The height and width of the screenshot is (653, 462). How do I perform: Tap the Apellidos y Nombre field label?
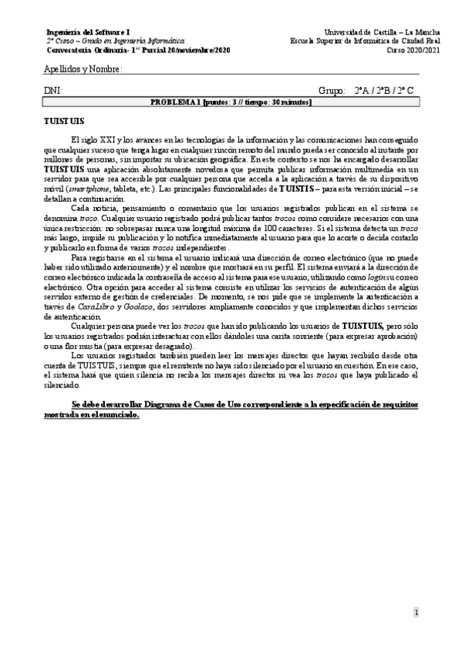83,71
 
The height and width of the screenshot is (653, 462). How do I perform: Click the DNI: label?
53,91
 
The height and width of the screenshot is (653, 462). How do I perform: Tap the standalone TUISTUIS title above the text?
64,122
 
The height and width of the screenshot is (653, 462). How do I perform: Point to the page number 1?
416,614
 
